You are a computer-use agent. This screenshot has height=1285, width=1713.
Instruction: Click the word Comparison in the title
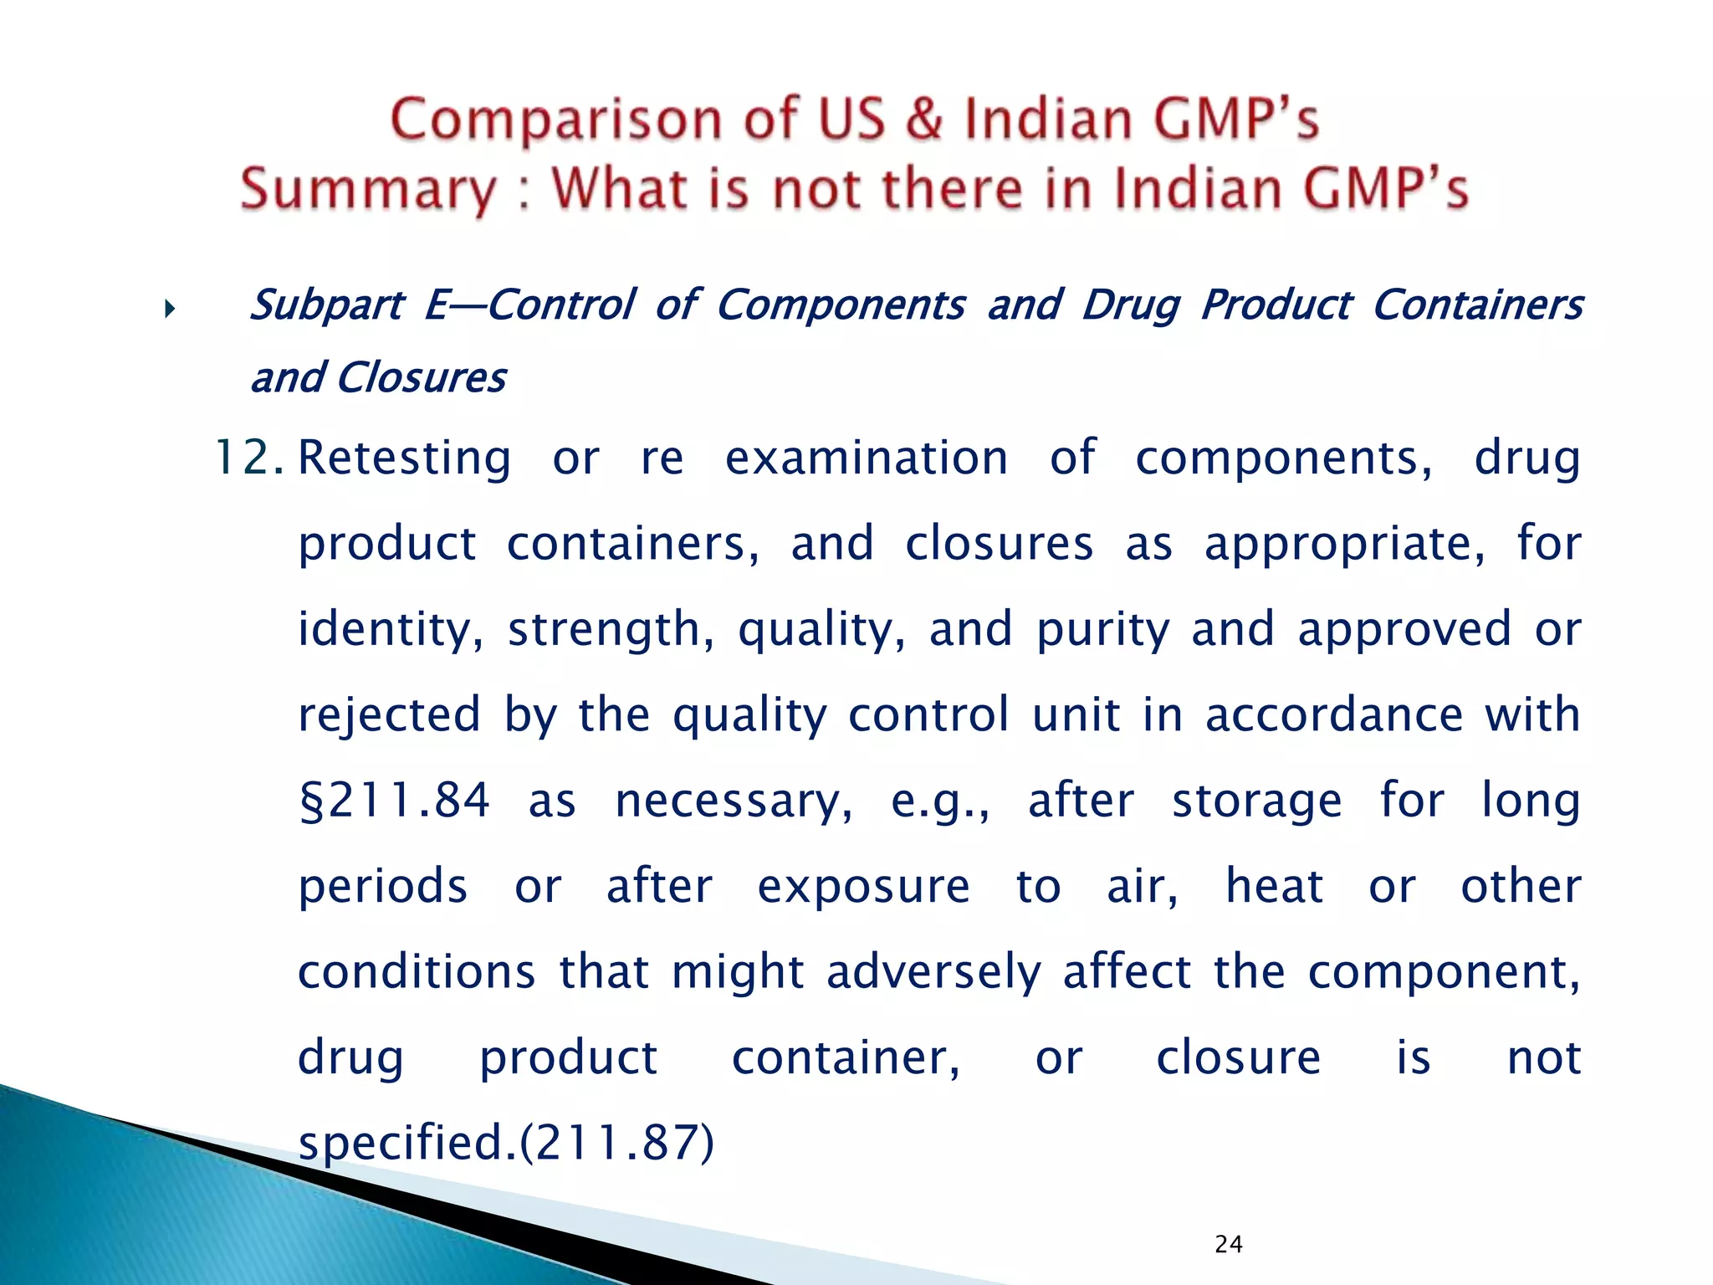click(556, 120)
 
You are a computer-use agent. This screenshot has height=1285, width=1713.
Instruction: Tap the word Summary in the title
click(368, 189)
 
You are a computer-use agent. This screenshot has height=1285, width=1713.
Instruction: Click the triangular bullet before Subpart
click(170, 310)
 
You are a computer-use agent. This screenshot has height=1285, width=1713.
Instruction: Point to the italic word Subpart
click(327, 305)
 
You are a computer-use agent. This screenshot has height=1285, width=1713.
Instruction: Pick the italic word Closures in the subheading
click(421, 378)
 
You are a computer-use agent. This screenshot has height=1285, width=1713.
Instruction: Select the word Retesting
click(404, 458)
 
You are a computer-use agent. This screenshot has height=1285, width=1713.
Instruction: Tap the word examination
click(866, 458)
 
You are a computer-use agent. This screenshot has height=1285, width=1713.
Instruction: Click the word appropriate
click(1345, 545)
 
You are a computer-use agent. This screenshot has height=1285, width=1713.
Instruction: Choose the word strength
click(611, 630)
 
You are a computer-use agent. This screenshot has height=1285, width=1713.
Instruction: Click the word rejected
click(389, 716)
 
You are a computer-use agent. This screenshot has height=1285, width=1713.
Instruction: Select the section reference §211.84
click(394, 801)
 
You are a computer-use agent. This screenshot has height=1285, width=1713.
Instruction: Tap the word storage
click(1256, 801)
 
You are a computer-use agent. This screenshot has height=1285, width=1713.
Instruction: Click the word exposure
click(863, 887)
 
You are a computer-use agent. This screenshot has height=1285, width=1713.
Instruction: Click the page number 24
click(1228, 1244)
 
